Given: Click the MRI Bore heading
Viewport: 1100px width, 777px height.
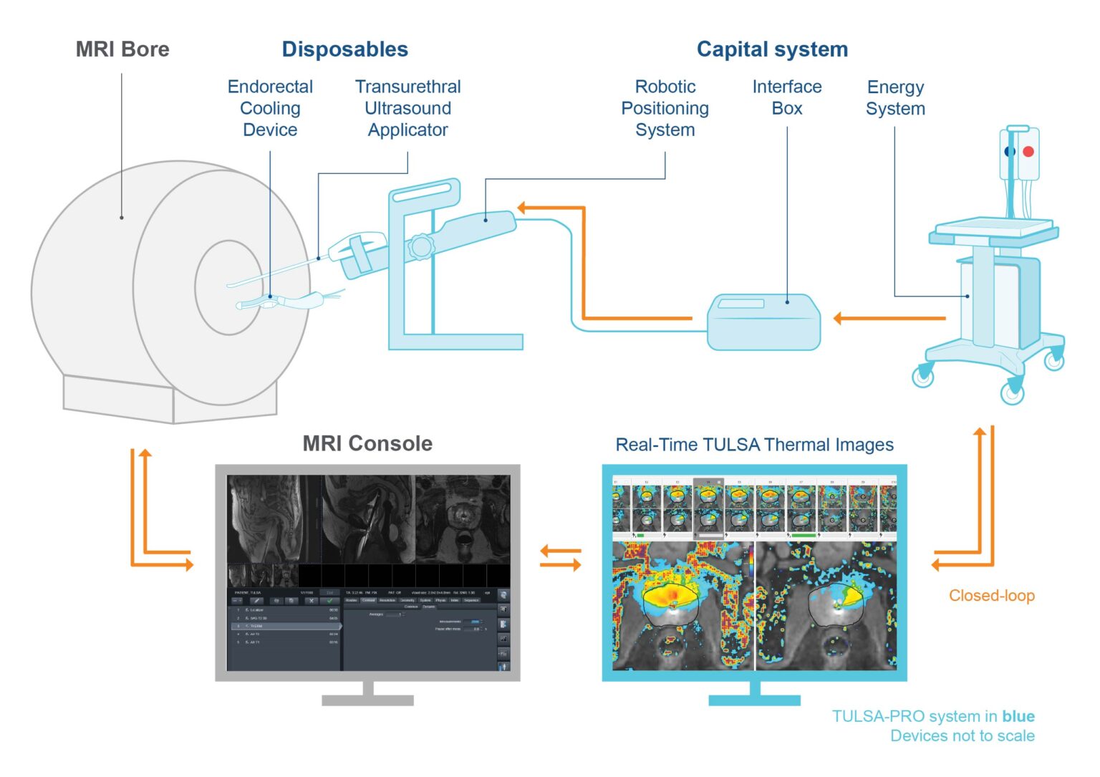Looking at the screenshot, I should tap(122, 49).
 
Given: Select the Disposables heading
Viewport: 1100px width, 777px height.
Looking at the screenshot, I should tap(344, 49).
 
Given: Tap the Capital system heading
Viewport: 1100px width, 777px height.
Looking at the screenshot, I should tap(772, 49).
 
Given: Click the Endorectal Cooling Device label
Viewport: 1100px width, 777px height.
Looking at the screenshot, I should tap(270, 108).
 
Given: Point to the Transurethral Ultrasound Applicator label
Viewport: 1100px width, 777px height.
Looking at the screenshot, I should tap(407, 108).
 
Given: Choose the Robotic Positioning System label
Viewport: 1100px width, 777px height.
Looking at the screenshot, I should tap(665, 108).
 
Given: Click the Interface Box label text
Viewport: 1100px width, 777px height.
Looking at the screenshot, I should tap(786, 97).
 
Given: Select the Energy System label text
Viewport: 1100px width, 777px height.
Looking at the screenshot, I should tap(895, 98).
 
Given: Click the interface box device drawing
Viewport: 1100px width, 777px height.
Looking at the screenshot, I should tap(763, 322).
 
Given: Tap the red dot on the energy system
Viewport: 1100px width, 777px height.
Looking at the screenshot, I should tap(1028, 152).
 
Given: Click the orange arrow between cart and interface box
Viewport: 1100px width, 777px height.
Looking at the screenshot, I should tap(889, 319).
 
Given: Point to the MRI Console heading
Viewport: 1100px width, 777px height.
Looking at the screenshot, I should tap(367, 443).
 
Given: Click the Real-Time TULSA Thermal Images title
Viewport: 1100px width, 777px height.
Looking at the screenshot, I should tap(754, 445).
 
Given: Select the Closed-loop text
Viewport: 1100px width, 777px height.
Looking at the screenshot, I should tap(991, 595).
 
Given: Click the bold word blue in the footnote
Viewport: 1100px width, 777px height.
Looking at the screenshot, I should tap(1018, 716).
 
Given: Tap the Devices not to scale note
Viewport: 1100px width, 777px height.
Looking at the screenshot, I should tap(962, 735).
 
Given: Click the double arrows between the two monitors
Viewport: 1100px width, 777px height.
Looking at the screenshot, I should tap(560, 558).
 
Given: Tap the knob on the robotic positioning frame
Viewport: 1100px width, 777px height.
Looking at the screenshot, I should tap(420, 247).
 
